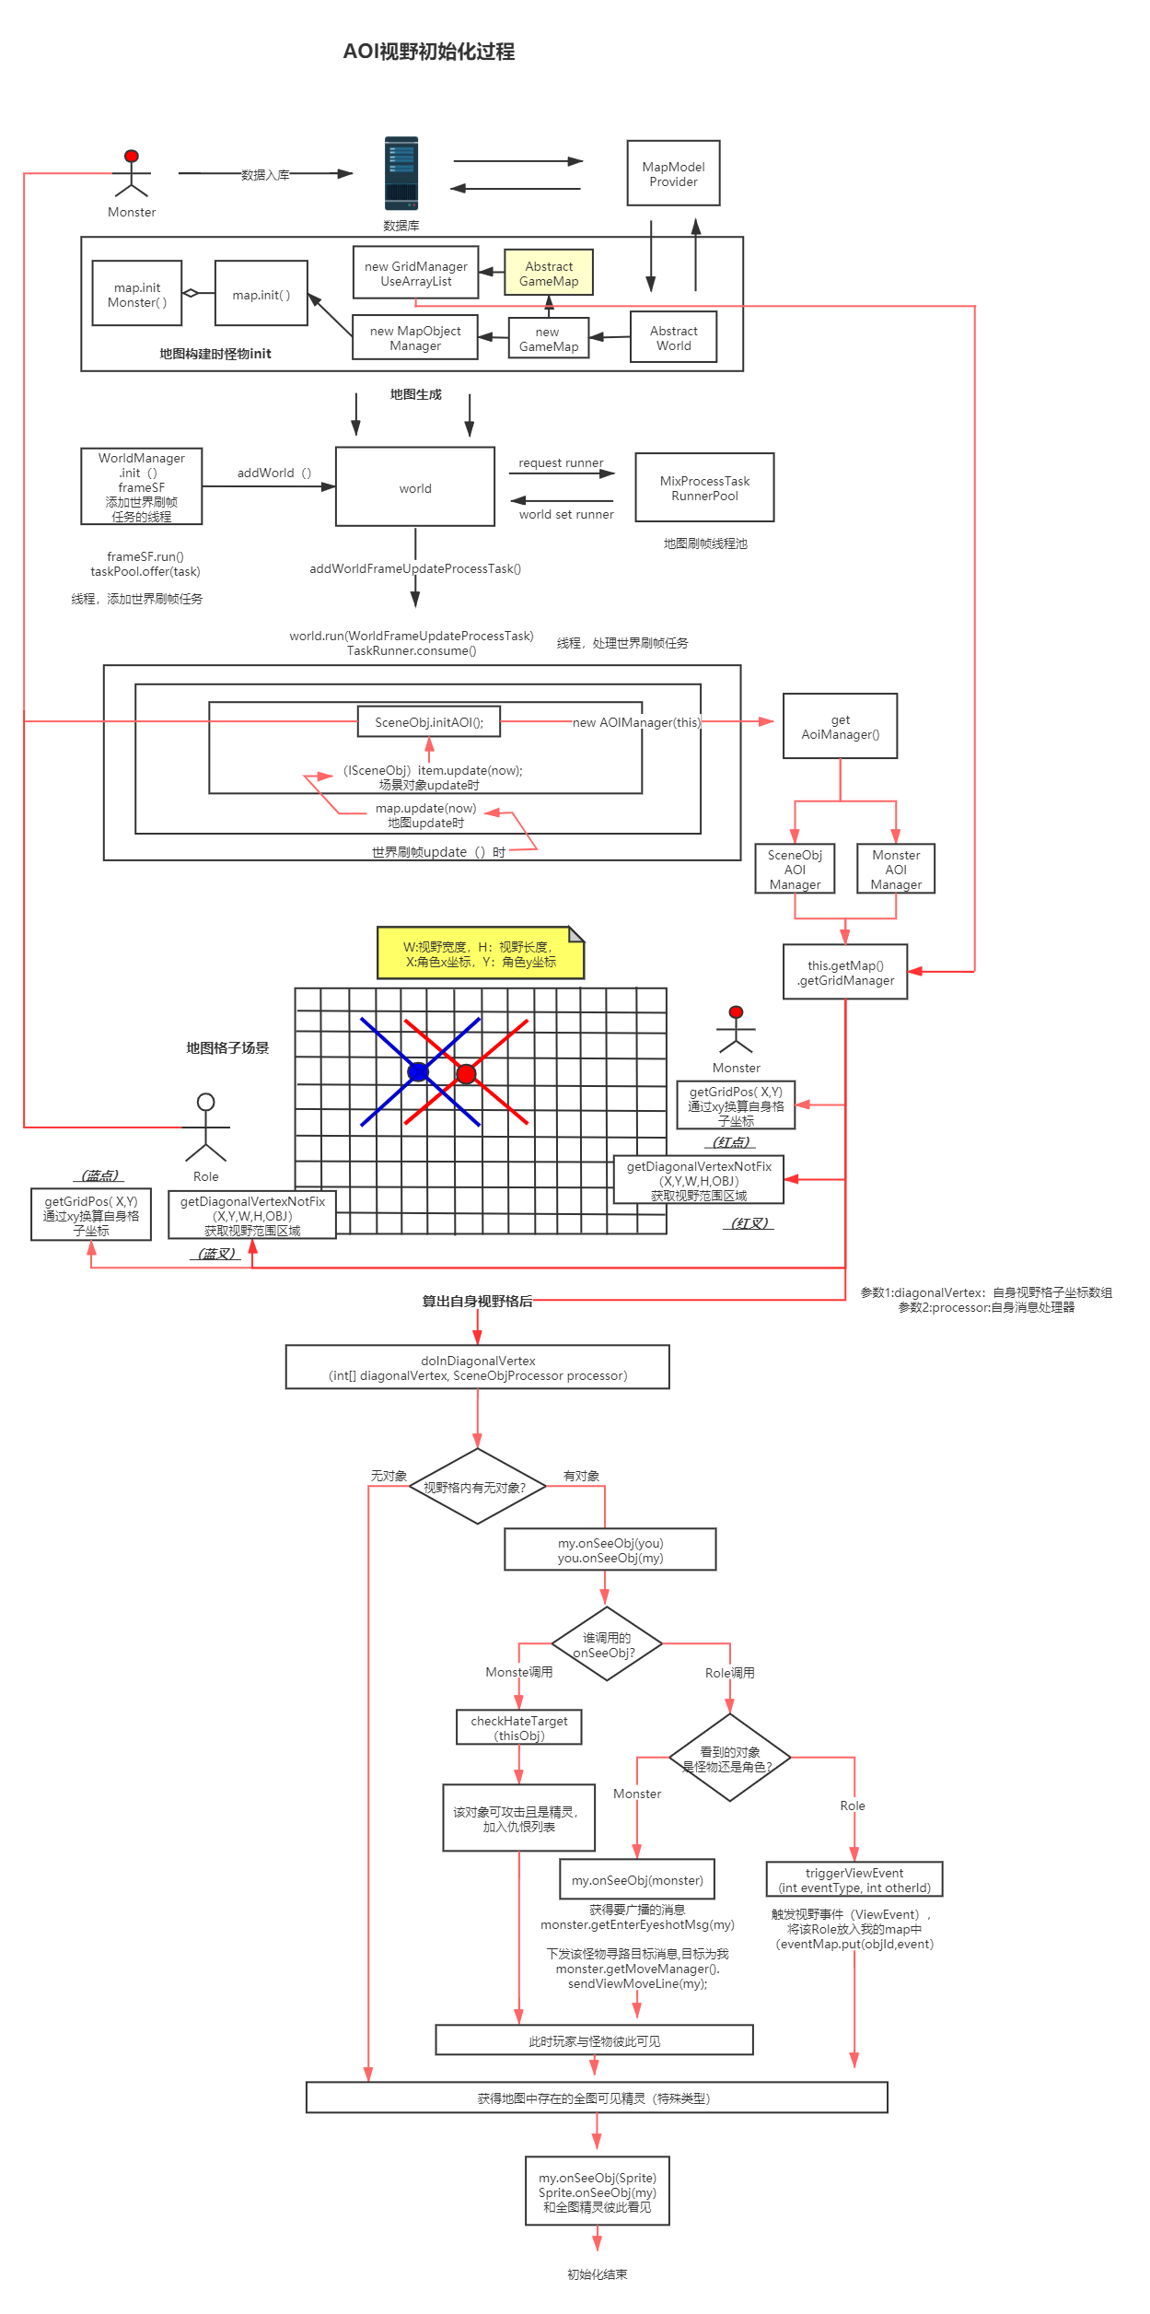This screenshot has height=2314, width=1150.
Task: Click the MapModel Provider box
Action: (x=673, y=173)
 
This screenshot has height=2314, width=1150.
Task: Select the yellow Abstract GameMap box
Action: (x=549, y=273)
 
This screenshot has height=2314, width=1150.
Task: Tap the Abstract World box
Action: (x=673, y=337)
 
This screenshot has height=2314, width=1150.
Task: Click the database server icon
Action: (x=401, y=174)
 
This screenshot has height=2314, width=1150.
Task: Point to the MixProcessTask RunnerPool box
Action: (x=704, y=488)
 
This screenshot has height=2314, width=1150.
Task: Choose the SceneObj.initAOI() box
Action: (x=428, y=722)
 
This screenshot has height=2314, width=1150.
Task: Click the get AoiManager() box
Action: (x=840, y=727)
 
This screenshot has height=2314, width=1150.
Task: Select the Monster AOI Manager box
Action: (x=896, y=869)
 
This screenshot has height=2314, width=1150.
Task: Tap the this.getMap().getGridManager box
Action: (x=845, y=972)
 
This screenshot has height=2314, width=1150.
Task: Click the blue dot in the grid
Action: (x=417, y=1071)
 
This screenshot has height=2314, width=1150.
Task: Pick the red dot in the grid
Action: (x=466, y=1073)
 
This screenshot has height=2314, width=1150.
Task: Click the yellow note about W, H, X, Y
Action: (x=480, y=953)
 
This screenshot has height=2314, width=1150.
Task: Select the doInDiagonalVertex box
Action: (x=477, y=1368)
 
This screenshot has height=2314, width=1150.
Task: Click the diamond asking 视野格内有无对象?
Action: (x=476, y=1487)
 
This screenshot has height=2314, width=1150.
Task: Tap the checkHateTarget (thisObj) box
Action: (x=518, y=1727)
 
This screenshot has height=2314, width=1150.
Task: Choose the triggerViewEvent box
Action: (x=854, y=1879)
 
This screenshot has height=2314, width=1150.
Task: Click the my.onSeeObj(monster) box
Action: (x=636, y=1879)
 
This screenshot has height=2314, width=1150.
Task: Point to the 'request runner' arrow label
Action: (x=561, y=462)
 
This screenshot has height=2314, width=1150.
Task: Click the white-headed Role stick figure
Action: (x=205, y=1128)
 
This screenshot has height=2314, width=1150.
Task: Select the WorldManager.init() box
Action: (x=142, y=486)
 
